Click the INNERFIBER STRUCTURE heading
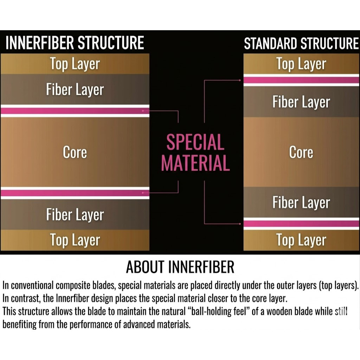coord(75,43)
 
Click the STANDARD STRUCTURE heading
coord(301,44)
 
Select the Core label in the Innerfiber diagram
coord(75,152)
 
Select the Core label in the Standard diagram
coord(301,152)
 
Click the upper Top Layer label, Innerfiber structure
coord(75,64)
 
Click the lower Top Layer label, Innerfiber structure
coord(75,240)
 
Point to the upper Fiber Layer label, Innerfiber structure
coord(75,89)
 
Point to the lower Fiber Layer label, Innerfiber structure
coord(75,214)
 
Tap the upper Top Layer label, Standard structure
coord(301,64)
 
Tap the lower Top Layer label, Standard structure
coord(301,240)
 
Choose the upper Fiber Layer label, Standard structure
coord(301,102)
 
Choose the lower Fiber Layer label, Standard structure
coord(301,202)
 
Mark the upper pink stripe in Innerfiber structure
coord(75,111)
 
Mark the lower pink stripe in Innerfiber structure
coord(75,193)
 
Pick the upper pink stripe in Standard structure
coord(301,80)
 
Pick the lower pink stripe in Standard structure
coord(301,223)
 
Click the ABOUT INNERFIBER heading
coord(180,267)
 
